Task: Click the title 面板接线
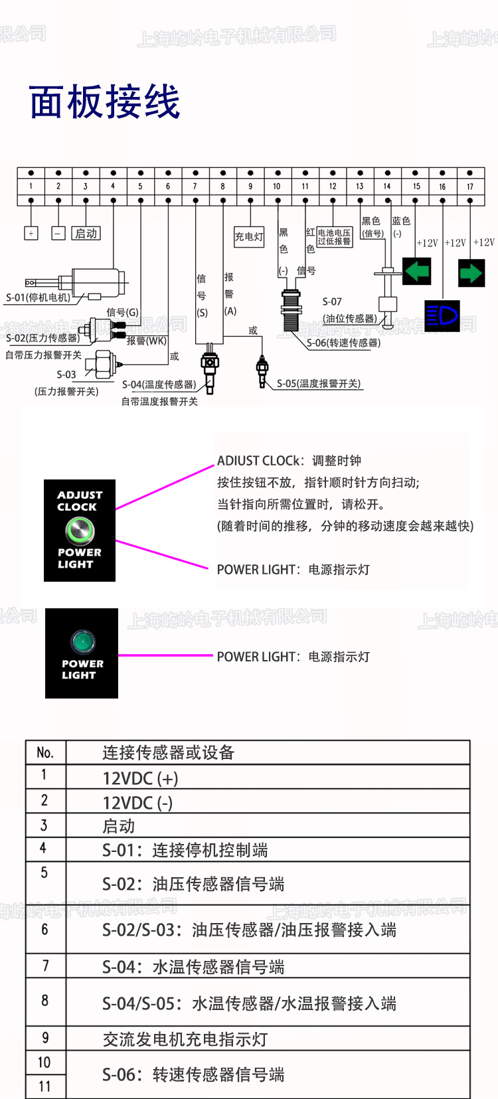105,102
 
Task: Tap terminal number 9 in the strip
250,187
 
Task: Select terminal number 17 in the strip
470,187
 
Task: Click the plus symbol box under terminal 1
31,233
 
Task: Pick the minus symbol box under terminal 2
58,233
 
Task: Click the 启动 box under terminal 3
86,233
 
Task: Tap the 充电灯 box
249,236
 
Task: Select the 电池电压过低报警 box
334,237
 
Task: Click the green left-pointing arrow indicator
417,272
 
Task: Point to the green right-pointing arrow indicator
471,273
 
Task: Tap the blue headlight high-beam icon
442,315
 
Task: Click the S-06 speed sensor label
343,343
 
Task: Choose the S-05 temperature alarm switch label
319,383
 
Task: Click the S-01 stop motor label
38,297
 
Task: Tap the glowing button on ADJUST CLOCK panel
80,530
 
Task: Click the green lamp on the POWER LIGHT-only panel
83,641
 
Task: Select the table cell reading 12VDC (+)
140,778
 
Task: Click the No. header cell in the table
45,752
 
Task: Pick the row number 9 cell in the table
45,1038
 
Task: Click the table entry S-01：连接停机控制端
185,850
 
